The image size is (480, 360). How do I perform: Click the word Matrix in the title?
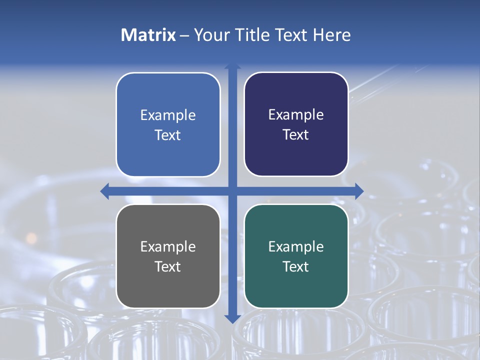tap(148, 35)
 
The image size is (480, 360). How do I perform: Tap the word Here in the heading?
tap(331, 35)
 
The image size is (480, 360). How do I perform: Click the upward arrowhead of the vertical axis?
tap(232, 66)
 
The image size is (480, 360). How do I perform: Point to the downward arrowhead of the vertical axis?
tap(232, 318)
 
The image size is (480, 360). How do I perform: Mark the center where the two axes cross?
tap(232, 191)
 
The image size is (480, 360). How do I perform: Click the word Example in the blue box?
tap(168, 115)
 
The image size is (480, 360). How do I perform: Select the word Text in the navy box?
tap(296, 135)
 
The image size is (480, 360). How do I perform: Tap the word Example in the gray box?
tap(168, 247)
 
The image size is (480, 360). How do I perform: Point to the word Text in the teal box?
tap(296, 266)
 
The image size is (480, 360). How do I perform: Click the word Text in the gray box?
tap(168, 266)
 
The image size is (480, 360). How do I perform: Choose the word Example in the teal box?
tap(296, 247)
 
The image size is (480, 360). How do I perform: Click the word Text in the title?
tap(291, 35)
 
